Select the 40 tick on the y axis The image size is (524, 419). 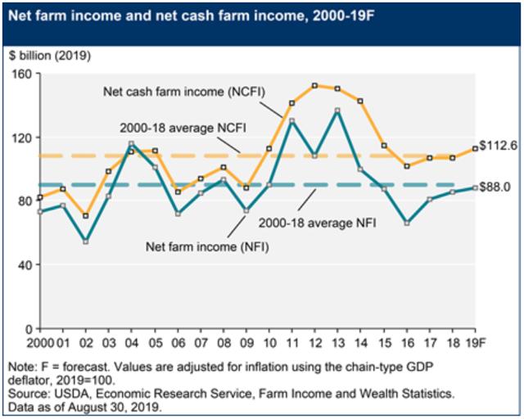click(x=25, y=265)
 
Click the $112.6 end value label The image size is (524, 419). click(x=497, y=147)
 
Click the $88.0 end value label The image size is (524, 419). click(x=495, y=187)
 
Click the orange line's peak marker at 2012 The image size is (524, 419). click(x=315, y=85)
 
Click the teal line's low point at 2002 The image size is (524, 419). click(x=86, y=242)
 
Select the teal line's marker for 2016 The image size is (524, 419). click(x=407, y=223)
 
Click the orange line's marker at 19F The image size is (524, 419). click(x=475, y=149)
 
